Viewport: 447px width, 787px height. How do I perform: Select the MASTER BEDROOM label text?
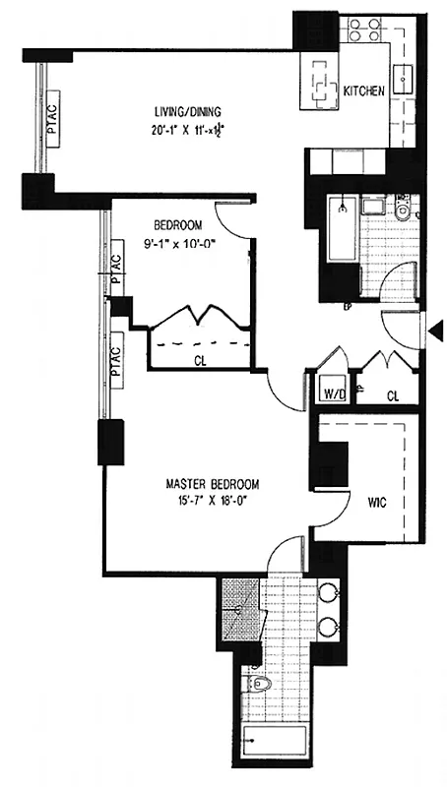[212, 484]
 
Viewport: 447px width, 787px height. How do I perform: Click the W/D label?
[333, 395]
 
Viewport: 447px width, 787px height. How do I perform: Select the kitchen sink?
[403, 75]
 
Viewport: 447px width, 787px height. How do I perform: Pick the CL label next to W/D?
[393, 396]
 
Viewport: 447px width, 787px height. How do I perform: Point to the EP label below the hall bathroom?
[348, 305]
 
